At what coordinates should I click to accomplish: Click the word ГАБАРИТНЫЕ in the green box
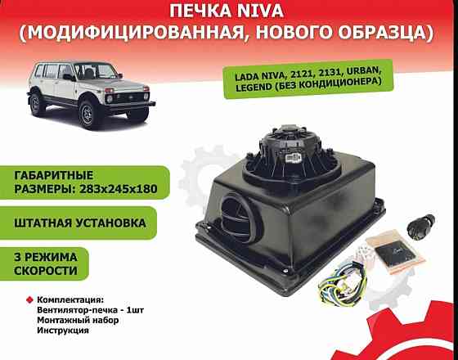49,176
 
